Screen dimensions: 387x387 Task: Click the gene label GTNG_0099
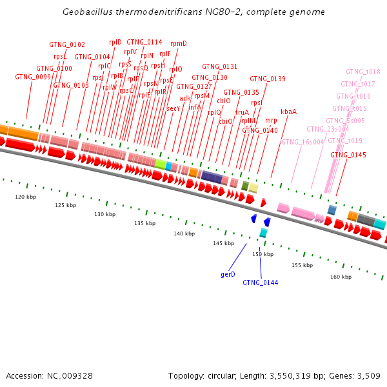[33, 77]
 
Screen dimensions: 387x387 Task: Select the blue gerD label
[228, 274]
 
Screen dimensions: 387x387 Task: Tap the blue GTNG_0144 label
[260, 283]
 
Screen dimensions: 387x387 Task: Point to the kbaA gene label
[288, 112]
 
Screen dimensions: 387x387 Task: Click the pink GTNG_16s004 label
[303, 142]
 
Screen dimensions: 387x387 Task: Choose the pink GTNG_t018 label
[362, 72]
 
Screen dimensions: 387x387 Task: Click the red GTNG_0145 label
[348, 155]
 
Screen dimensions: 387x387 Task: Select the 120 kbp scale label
[26, 197]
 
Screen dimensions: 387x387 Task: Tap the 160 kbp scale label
[341, 277]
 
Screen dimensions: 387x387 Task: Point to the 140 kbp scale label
[184, 233]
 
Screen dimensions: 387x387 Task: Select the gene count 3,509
[367, 375]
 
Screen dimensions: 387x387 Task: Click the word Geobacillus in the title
[87, 12]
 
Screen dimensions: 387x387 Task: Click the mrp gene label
[271, 121]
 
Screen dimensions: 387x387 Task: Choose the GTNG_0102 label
[67, 45]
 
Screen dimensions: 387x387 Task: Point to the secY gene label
[174, 109]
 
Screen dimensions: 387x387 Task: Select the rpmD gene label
[179, 44]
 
